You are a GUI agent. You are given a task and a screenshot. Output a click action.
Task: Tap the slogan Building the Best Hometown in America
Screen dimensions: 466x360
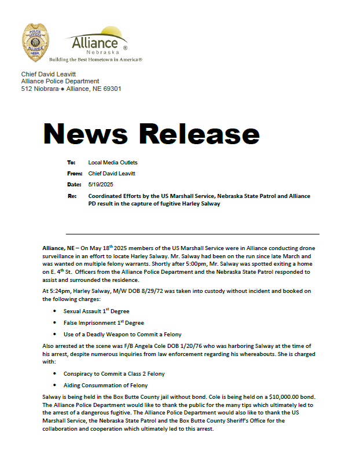(96, 60)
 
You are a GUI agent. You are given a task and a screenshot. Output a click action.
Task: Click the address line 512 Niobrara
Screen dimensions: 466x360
(71, 89)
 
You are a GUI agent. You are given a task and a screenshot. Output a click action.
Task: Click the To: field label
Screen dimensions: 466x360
(72, 163)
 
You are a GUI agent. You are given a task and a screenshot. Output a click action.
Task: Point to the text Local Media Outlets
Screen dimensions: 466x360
(113, 163)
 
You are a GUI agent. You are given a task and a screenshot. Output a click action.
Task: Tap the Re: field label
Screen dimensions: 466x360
(72, 196)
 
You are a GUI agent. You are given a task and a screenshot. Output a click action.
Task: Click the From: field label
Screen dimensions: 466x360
(75, 173)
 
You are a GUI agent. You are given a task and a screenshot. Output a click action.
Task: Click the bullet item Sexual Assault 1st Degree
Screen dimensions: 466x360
(96, 311)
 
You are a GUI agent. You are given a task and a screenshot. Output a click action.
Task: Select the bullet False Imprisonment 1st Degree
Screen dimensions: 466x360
(104, 322)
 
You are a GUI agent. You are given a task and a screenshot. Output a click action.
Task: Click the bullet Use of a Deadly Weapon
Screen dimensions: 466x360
(122, 334)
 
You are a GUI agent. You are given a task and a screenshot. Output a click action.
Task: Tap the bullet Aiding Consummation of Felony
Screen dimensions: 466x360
(105, 385)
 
